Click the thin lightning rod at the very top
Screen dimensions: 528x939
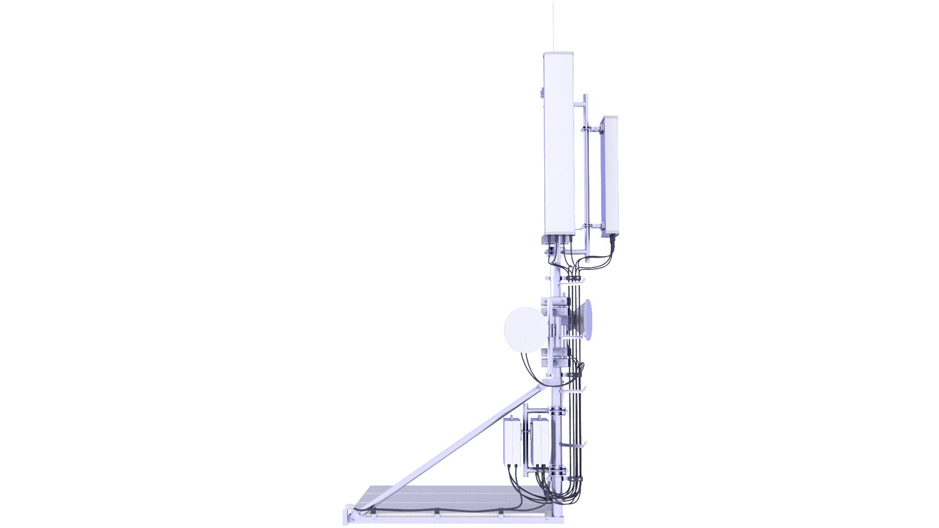click(554, 27)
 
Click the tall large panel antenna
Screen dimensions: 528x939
click(559, 142)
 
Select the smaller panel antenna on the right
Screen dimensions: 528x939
click(609, 176)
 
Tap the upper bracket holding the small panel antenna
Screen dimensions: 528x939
click(591, 129)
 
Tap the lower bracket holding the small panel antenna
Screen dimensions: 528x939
click(592, 226)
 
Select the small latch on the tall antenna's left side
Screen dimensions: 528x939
click(542, 92)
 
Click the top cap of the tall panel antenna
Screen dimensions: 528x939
click(559, 53)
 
